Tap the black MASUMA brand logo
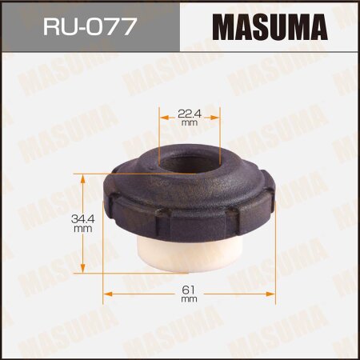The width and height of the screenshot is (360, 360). coord(269,26)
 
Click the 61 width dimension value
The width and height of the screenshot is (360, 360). coord(189,289)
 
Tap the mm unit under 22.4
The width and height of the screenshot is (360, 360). coord(189,123)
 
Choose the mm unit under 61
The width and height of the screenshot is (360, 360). coord(189,299)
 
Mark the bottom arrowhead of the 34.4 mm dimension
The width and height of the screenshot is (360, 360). coord(83,270)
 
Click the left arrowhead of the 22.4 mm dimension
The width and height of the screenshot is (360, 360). coord(165,118)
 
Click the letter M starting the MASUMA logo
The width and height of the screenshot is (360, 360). coord(223,26)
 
